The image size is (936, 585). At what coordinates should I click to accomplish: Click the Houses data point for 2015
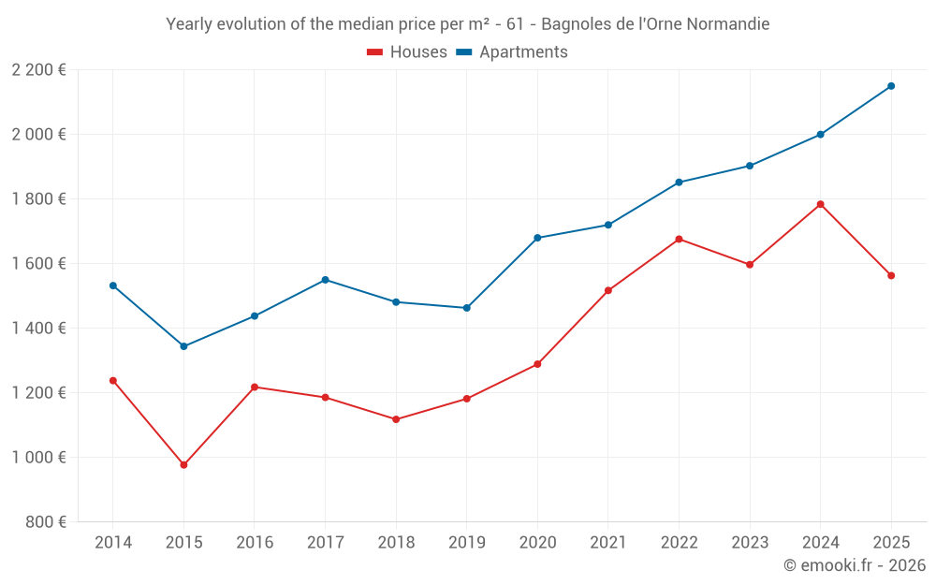(183, 465)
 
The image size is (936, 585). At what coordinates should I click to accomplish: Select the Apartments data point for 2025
(891, 86)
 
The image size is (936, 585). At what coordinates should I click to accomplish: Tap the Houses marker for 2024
(821, 204)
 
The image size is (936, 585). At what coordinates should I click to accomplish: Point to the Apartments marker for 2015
(183, 346)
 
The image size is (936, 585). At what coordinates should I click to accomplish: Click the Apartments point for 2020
(537, 238)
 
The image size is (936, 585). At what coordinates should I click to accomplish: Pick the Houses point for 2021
(608, 290)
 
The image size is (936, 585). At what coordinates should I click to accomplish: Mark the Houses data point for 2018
(396, 419)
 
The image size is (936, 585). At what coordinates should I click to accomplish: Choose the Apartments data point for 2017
(325, 280)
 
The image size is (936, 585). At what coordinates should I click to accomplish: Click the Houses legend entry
(407, 52)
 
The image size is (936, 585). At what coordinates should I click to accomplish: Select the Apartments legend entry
(512, 52)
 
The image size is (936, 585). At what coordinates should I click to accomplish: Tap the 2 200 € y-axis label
(39, 70)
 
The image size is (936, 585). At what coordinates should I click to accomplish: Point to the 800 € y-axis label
(45, 522)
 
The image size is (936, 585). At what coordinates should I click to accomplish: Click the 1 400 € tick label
(39, 329)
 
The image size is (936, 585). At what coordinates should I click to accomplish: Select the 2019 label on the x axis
(466, 543)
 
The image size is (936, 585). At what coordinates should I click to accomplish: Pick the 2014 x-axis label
(113, 543)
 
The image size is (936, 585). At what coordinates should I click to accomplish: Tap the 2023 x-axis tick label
(750, 543)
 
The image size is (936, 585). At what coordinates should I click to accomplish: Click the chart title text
(468, 24)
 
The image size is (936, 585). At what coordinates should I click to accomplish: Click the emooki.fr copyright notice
(854, 565)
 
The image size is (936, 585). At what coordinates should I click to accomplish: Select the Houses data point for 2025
(891, 275)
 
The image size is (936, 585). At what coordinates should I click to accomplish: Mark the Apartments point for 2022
(679, 183)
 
